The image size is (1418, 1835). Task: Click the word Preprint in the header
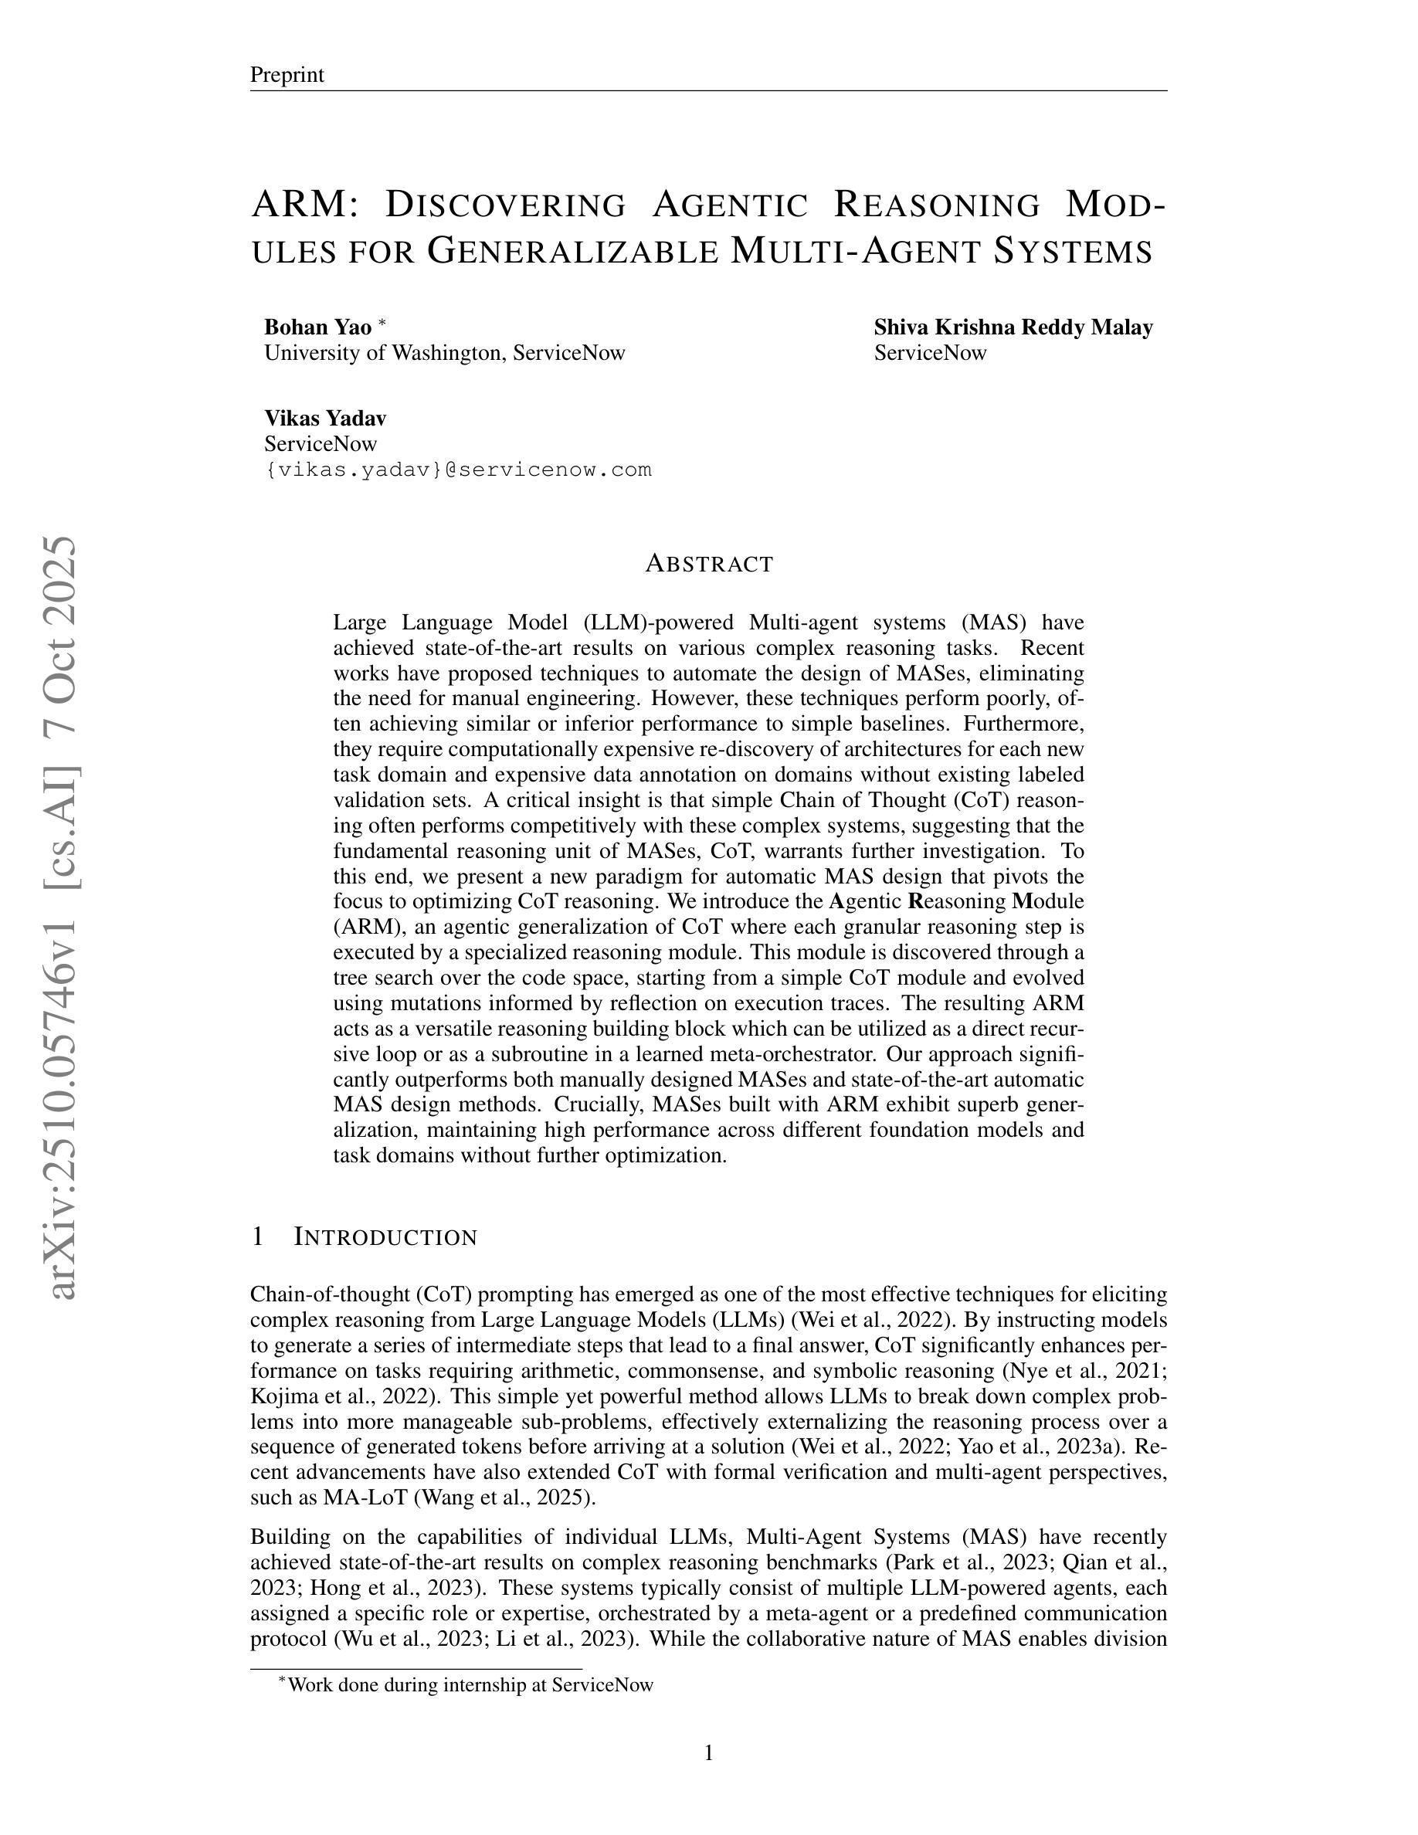[x=287, y=75]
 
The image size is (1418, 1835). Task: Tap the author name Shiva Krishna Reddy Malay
[x=1013, y=327]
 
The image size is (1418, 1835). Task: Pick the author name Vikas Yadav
[x=325, y=418]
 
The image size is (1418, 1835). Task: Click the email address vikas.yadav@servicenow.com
[x=458, y=469]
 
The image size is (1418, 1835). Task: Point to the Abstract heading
[x=709, y=563]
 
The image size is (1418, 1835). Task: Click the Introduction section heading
[x=385, y=1236]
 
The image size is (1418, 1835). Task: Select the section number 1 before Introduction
[x=258, y=1236]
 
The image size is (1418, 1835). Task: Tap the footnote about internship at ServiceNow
[x=470, y=1684]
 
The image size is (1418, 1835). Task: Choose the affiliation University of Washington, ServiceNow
[x=444, y=352]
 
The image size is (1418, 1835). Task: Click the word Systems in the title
[x=1073, y=250]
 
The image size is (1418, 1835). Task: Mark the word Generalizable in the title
[x=573, y=250]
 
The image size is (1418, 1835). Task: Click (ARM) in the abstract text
[x=361, y=927]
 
